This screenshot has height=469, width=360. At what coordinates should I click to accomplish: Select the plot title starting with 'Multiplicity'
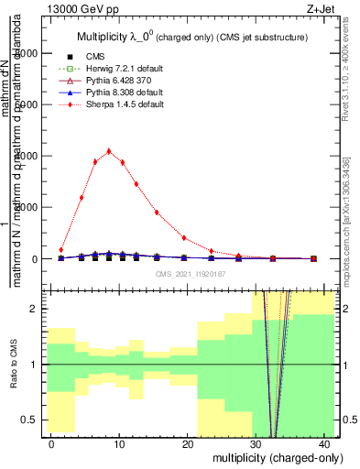tap(191, 36)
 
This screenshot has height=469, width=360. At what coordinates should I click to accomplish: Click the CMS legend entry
tap(93, 57)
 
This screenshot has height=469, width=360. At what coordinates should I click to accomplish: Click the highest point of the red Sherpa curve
tap(109, 151)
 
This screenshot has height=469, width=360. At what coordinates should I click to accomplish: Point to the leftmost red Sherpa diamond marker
tap(61, 249)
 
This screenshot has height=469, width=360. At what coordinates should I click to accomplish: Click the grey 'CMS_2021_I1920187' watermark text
tap(191, 273)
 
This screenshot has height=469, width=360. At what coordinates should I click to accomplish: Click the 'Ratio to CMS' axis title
tap(12, 364)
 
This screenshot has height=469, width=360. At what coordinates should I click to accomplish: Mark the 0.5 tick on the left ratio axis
tap(38, 420)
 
